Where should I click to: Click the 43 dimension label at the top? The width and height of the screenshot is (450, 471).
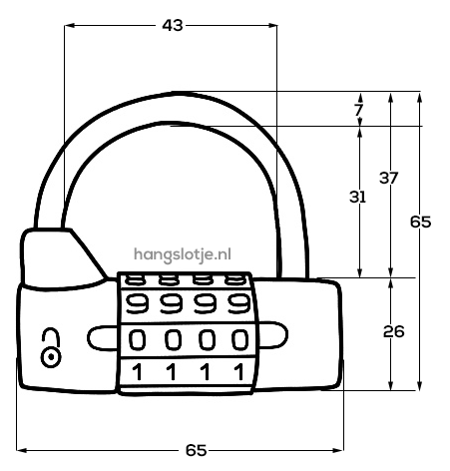pos(173,25)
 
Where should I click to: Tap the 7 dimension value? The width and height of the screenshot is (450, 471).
pos(358,110)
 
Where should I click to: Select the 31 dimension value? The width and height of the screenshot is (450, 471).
pos(357,197)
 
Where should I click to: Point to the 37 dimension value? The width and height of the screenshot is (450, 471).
pos(388,178)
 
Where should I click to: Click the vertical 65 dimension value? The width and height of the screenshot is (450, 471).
pos(420,222)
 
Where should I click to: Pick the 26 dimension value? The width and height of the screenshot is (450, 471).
pos(394,331)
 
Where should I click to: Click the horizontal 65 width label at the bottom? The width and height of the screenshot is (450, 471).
pos(196,450)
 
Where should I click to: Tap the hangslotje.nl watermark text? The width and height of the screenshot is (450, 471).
pos(183,254)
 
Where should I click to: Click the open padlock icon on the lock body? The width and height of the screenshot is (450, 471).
pos(51,348)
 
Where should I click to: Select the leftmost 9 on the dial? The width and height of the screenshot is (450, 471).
pos(137,303)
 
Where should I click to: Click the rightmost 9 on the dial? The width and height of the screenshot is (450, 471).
pos(238,303)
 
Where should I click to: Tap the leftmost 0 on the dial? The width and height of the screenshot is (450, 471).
pos(137,339)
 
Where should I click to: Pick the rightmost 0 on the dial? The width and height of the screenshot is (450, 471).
pos(239,339)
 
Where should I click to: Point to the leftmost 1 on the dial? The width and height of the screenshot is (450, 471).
pos(137,372)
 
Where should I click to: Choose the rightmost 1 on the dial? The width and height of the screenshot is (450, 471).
pos(238,372)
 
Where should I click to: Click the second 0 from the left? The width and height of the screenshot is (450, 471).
pos(173,339)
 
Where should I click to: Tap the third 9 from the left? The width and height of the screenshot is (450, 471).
pos(206,303)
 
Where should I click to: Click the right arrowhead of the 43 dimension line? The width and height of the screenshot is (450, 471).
pos(273,25)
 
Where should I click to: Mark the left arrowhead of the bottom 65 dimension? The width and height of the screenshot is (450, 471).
pos(21,450)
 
